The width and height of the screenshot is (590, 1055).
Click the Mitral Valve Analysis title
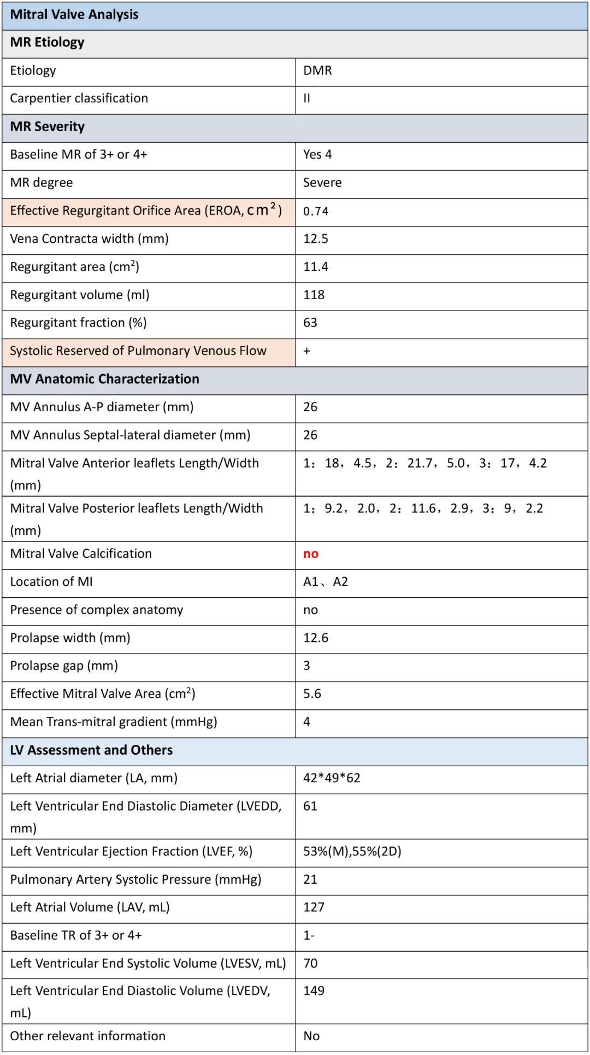pos(74,15)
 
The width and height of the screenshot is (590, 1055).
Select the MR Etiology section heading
pos(48,43)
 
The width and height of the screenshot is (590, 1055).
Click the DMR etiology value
pos(317,71)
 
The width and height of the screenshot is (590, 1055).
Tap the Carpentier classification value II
pos(307,98)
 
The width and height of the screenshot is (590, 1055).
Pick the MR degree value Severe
pos(322,183)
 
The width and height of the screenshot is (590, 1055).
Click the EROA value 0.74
pos(316,211)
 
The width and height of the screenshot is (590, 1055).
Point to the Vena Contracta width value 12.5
pos(316,239)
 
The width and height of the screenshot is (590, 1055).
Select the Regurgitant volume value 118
pos(314,295)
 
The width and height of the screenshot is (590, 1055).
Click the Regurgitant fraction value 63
pos(310,323)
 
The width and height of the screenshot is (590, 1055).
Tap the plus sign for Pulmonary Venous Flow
pos(307,351)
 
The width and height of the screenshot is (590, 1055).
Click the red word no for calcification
pos(311,554)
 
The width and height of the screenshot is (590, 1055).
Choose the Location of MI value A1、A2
pos(326,582)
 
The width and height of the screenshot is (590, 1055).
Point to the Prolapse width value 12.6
pos(316,638)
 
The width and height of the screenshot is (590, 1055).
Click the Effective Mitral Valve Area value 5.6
pos(312,694)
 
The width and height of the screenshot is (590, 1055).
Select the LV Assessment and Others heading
pos(91,750)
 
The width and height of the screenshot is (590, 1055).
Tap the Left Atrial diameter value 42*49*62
pos(332,778)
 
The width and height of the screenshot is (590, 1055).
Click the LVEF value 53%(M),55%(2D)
pos(352,852)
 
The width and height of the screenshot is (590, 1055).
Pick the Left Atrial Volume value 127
pos(314,907)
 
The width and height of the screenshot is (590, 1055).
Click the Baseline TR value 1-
pos(309,936)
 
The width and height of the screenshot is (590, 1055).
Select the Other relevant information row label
pos(87,1036)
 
